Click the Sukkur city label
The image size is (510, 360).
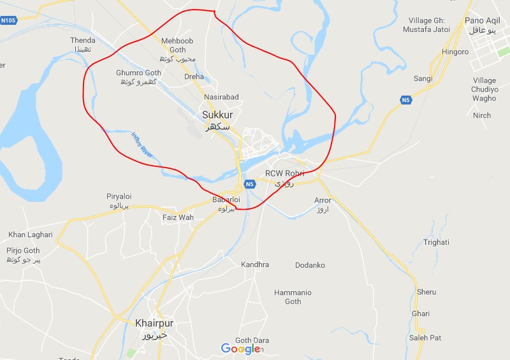pos(217,115)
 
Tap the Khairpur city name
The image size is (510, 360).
pos(154,324)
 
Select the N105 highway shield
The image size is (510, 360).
pos(8,20)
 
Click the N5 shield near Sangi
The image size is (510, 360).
pos(406,100)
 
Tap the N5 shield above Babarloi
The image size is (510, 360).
pos(249,185)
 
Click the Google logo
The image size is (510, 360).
pos(240,349)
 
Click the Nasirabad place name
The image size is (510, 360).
pos(221,97)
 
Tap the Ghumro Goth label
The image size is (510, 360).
pos(138,73)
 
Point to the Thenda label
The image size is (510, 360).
pos(83,41)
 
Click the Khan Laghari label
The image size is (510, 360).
pos(30,235)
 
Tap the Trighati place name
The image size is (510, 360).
pos(436,242)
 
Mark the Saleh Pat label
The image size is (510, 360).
pos(425,338)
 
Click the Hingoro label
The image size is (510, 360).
pos(455,52)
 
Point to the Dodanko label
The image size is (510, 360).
pos(310,265)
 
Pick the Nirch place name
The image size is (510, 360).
pos(482,115)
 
